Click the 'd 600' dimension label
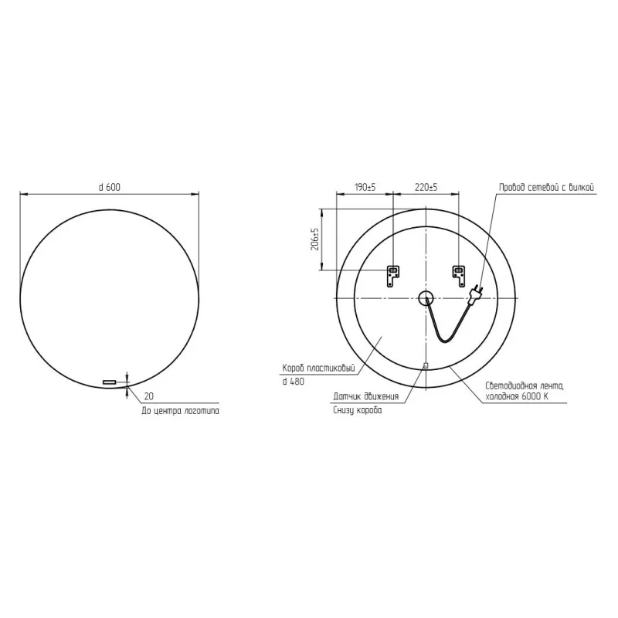(109, 187)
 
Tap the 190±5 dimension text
(365, 187)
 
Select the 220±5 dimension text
(426, 187)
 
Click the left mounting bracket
(393, 275)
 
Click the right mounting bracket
(458, 275)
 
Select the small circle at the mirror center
(426, 299)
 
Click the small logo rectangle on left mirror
(109, 382)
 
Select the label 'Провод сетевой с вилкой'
(546, 187)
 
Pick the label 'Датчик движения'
(366, 396)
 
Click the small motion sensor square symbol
(426, 365)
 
